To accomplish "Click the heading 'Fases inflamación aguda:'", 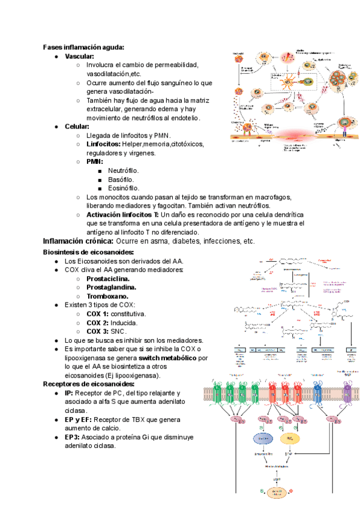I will (83, 47).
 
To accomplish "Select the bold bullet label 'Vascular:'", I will (80, 56).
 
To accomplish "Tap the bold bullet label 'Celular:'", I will (77, 127).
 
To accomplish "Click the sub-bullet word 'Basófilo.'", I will (121, 179).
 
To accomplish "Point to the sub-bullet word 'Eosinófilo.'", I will (124, 188).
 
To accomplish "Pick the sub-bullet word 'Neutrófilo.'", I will (124, 171).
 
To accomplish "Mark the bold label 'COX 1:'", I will (97, 314).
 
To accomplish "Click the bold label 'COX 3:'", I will (97, 331).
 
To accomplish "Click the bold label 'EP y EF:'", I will (82, 420).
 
